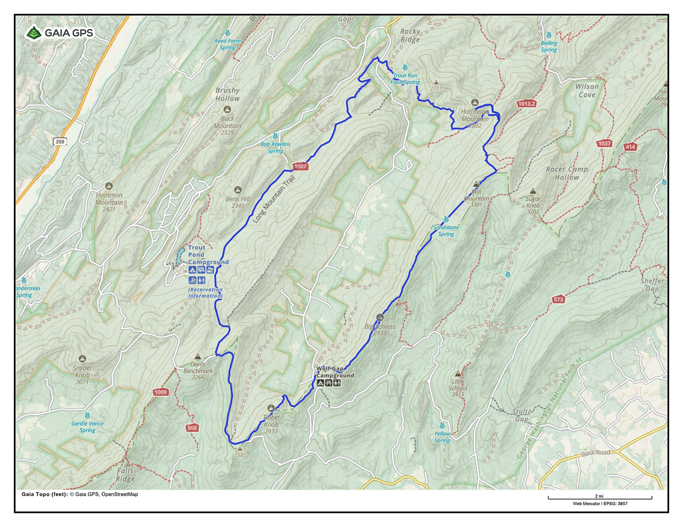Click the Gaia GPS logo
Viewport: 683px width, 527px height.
click(x=59, y=33)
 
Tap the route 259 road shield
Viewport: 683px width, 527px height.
click(x=60, y=142)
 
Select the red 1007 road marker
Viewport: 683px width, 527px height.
click(x=300, y=166)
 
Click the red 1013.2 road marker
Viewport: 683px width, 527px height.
click(x=526, y=104)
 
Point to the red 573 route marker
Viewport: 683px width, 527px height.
click(x=558, y=299)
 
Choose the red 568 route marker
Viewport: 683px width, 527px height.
click(x=192, y=428)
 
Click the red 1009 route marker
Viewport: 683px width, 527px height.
click(x=161, y=392)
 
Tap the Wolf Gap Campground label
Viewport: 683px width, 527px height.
click(x=335, y=372)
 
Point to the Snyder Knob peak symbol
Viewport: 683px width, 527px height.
click(x=82, y=359)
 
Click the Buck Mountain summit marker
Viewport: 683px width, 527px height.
click(x=228, y=110)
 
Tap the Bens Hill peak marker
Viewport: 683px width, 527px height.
click(x=238, y=190)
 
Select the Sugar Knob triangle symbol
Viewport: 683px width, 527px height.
click(x=533, y=191)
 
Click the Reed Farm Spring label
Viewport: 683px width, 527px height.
click(x=228, y=44)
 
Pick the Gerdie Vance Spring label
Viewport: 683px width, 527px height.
click(x=88, y=427)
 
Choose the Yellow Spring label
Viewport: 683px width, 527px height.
click(x=442, y=437)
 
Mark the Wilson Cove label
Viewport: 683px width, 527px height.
click(x=587, y=90)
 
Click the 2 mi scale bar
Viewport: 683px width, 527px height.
click(x=600, y=498)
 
